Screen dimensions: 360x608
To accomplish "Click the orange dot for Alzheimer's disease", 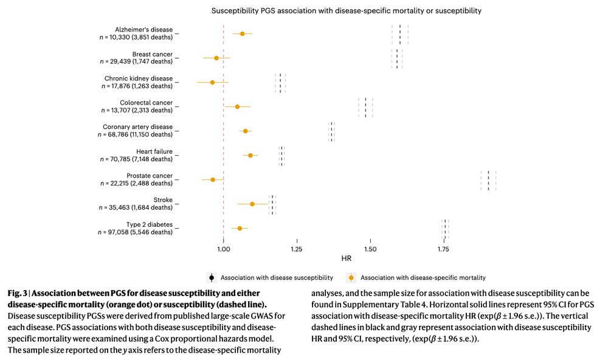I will (243, 33).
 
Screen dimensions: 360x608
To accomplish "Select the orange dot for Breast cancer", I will (216, 58).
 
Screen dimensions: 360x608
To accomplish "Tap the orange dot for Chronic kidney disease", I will (212, 82).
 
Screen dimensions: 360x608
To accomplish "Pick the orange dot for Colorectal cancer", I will (237, 106).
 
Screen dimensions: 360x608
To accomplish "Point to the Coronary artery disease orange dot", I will (246, 131).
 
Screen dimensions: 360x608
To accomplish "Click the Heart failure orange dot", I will (250, 155).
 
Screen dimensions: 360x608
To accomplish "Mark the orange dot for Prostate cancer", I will (213, 179).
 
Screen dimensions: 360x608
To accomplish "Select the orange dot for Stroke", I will (252, 204).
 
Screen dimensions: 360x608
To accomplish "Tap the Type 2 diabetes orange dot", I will (240, 228).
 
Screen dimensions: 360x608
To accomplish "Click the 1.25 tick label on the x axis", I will (297, 249).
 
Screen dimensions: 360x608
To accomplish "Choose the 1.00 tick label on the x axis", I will (224, 249).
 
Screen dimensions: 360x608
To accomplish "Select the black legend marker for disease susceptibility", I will (211, 277).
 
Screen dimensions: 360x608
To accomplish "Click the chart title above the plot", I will (346, 11).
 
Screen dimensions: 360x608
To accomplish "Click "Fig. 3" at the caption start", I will (18, 294).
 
